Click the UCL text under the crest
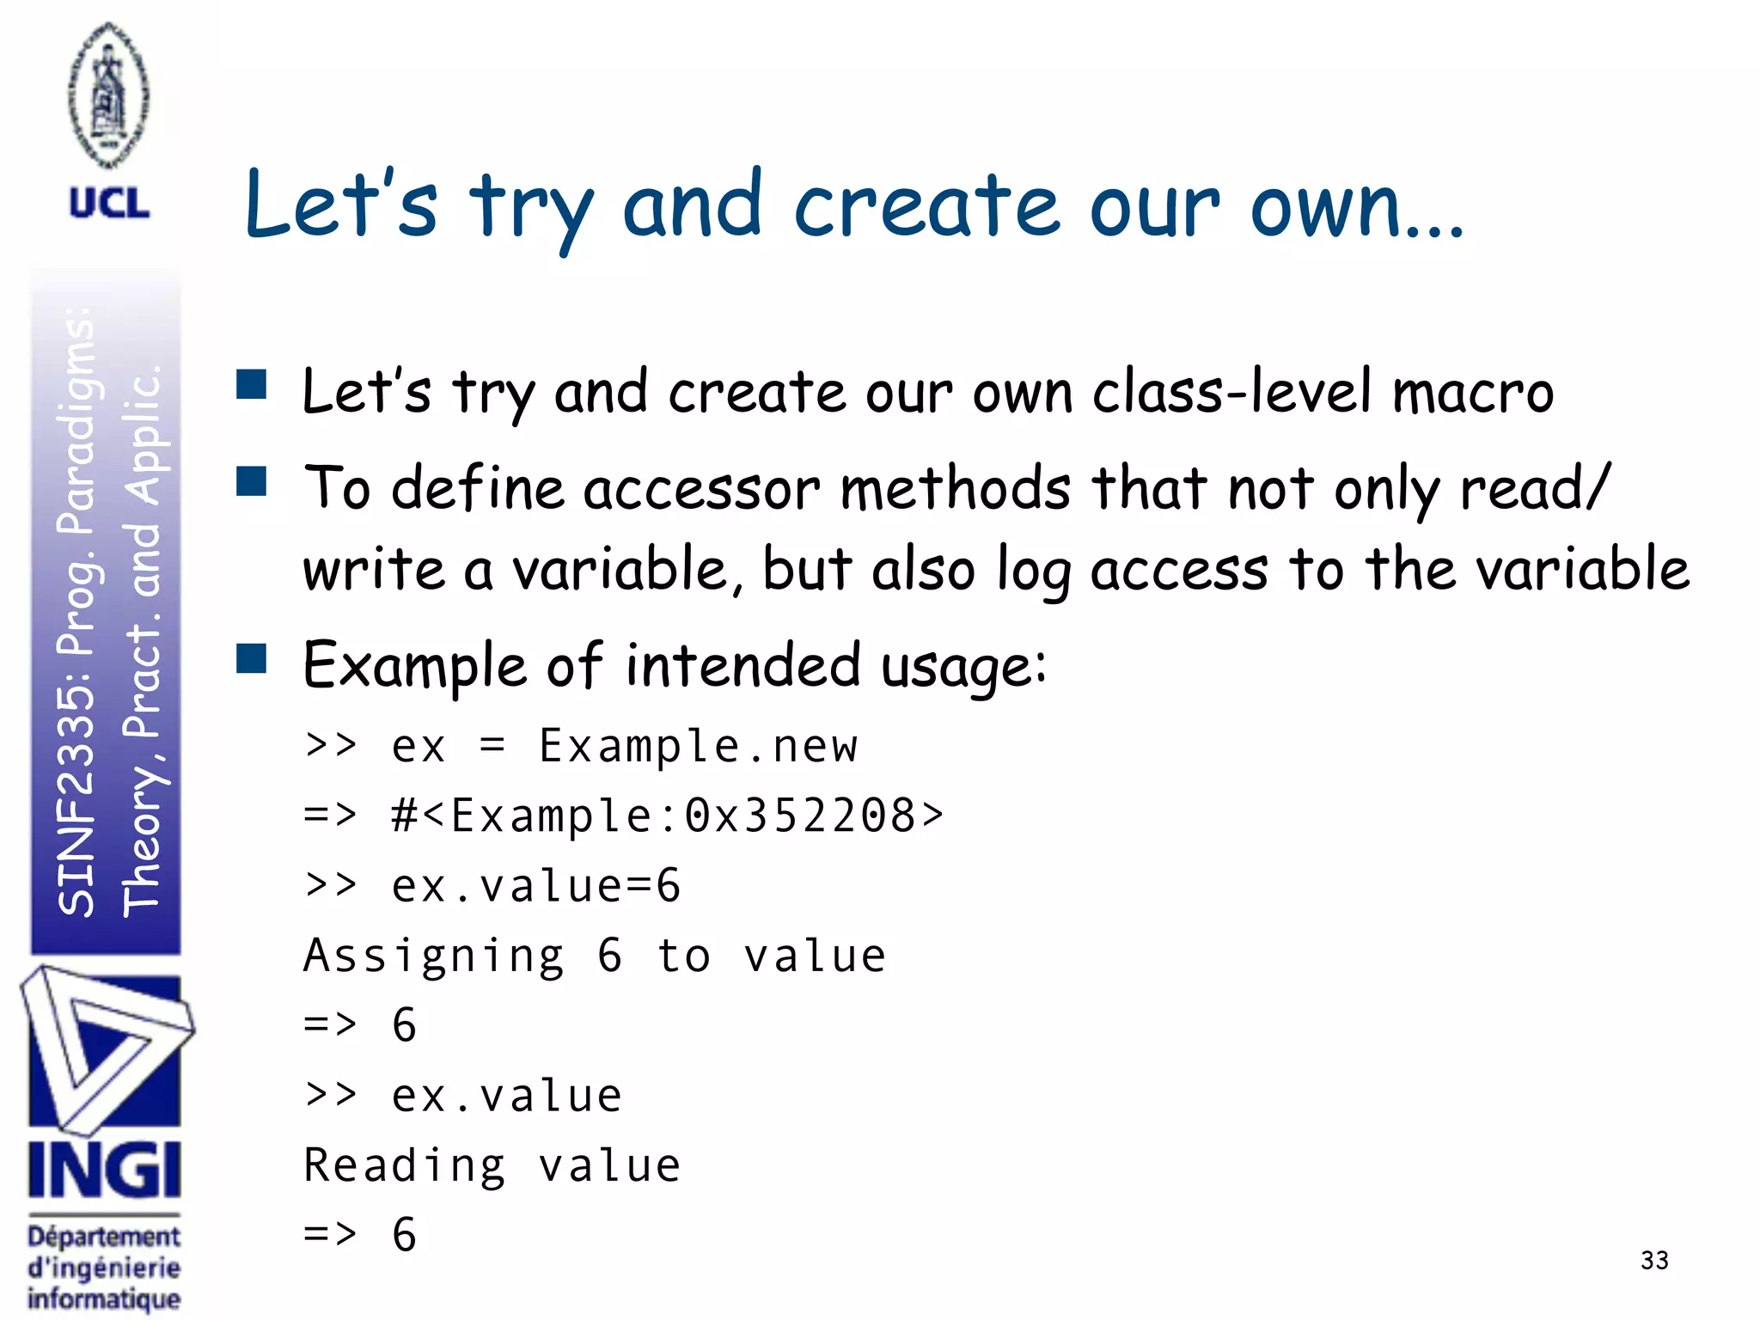tap(109, 204)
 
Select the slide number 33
tap(1654, 1260)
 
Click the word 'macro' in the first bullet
tap(1473, 394)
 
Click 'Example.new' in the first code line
tap(698, 746)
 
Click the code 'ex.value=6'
tap(536, 886)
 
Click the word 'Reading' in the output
tap(405, 1166)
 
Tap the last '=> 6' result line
tap(360, 1235)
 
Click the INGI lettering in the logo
tap(105, 1170)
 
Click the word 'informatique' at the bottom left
tap(104, 1299)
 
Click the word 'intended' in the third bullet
tap(742, 666)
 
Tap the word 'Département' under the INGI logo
tap(104, 1237)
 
